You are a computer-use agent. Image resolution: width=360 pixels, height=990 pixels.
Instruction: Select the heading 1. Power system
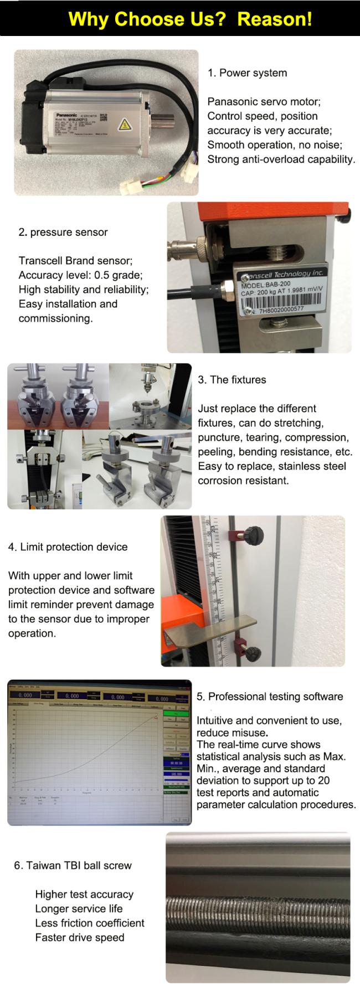click(x=247, y=73)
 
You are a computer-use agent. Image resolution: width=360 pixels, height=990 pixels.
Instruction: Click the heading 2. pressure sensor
click(x=63, y=233)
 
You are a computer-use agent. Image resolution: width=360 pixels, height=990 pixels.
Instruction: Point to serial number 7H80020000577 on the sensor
click(x=280, y=310)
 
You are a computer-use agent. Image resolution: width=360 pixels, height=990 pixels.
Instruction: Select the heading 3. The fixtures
click(x=232, y=380)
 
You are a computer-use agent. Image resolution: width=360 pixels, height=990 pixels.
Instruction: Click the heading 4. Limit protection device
click(x=68, y=547)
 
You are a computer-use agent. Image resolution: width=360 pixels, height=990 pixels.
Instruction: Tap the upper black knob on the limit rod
click(x=255, y=534)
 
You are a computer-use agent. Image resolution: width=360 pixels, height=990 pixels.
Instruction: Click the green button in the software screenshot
click(x=177, y=714)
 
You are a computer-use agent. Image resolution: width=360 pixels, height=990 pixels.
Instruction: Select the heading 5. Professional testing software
click(x=270, y=697)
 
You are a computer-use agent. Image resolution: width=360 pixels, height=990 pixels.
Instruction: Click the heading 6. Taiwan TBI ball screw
click(x=73, y=865)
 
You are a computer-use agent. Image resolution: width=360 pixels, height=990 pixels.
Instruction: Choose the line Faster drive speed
click(x=79, y=937)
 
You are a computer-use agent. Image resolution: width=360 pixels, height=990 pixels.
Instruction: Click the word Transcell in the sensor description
click(x=40, y=261)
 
